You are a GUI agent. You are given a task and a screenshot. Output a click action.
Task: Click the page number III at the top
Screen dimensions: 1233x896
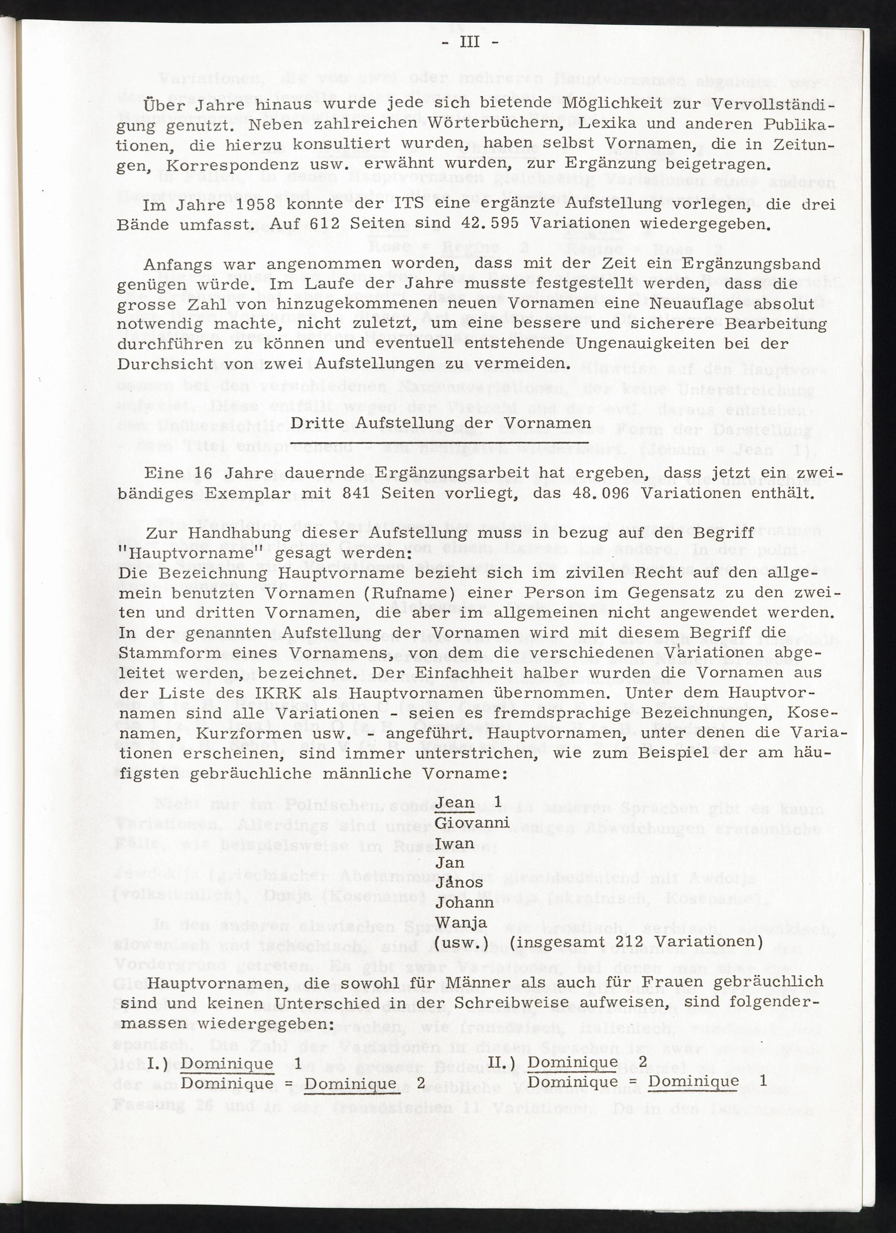click(x=470, y=42)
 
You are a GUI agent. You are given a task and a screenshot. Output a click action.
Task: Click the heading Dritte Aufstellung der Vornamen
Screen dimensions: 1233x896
click(x=433, y=423)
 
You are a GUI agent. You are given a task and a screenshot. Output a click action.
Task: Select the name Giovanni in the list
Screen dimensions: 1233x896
click(x=473, y=822)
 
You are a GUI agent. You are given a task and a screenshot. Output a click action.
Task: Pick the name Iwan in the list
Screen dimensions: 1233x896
click(x=456, y=842)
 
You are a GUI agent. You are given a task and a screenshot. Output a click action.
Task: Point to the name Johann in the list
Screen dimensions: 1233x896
click(x=465, y=902)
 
